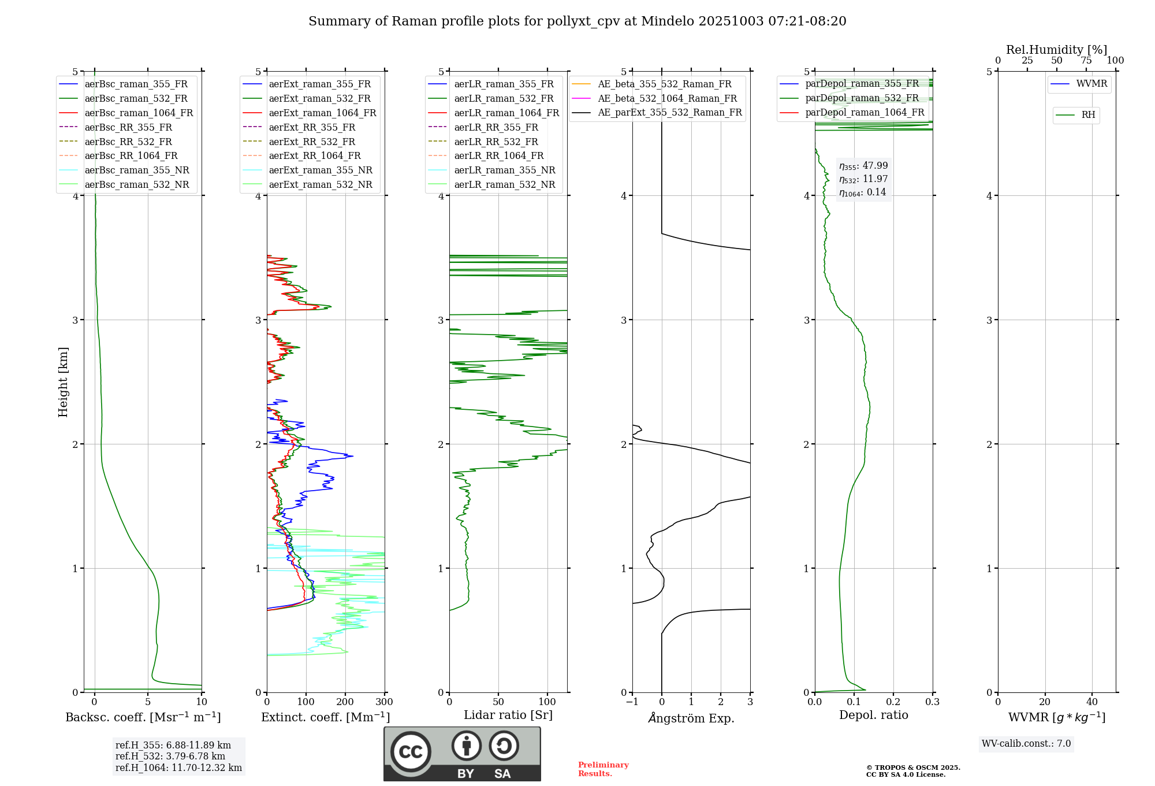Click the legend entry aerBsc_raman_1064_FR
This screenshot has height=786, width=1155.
(x=139, y=113)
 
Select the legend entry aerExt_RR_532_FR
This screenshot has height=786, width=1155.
(x=312, y=142)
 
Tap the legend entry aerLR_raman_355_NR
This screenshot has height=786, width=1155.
(x=504, y=170)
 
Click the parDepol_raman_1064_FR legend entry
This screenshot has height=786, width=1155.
(x=865, y=112)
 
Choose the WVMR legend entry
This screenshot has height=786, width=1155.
(x=1091, y=84)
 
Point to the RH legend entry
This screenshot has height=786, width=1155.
(x=1088, y=115)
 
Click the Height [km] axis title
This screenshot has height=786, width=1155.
(x=63, y=382)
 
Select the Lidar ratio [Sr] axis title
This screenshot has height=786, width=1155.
(x=508, y=715)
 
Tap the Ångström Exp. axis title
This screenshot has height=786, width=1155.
(x=691, y=718)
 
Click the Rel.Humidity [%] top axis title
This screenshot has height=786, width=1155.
(x=1057, y=50)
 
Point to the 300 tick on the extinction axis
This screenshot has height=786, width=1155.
(x=385, y=702)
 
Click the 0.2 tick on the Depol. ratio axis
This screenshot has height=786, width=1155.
(x=893, y=702)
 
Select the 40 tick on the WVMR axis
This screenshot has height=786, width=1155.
(x=1092, y=702)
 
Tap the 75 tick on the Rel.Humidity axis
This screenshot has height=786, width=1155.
(x=1086, y=61)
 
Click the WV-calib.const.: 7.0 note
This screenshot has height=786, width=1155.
(x=1026, y=744)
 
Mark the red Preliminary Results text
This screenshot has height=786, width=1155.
(x=603, y=769)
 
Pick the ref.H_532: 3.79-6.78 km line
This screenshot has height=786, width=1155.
(x=170, y=757)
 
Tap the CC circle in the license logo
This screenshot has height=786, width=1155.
(x=411, y=752)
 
